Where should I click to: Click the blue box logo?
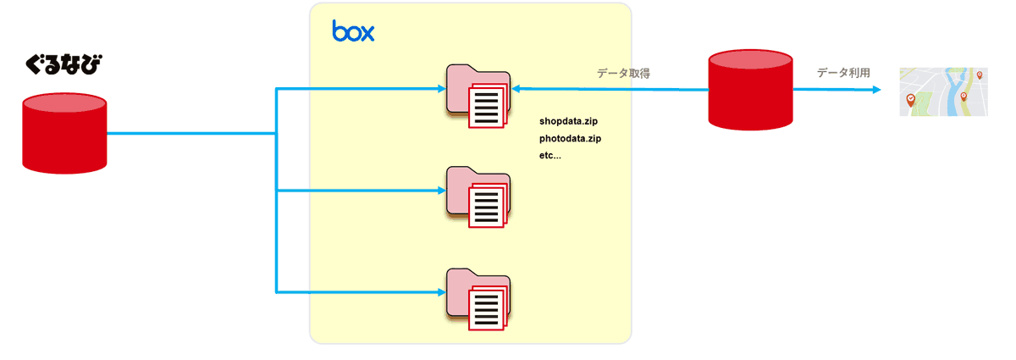click(353, 31)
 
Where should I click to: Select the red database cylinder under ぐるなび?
click(64, 134)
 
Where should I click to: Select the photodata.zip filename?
click(570, 139)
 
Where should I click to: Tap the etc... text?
click(549, 156)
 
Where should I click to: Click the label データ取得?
click(623, 74)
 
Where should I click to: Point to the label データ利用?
click(843, 74)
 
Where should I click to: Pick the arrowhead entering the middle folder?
click(440, 191)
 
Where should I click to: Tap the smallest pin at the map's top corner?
click(980, 75)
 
